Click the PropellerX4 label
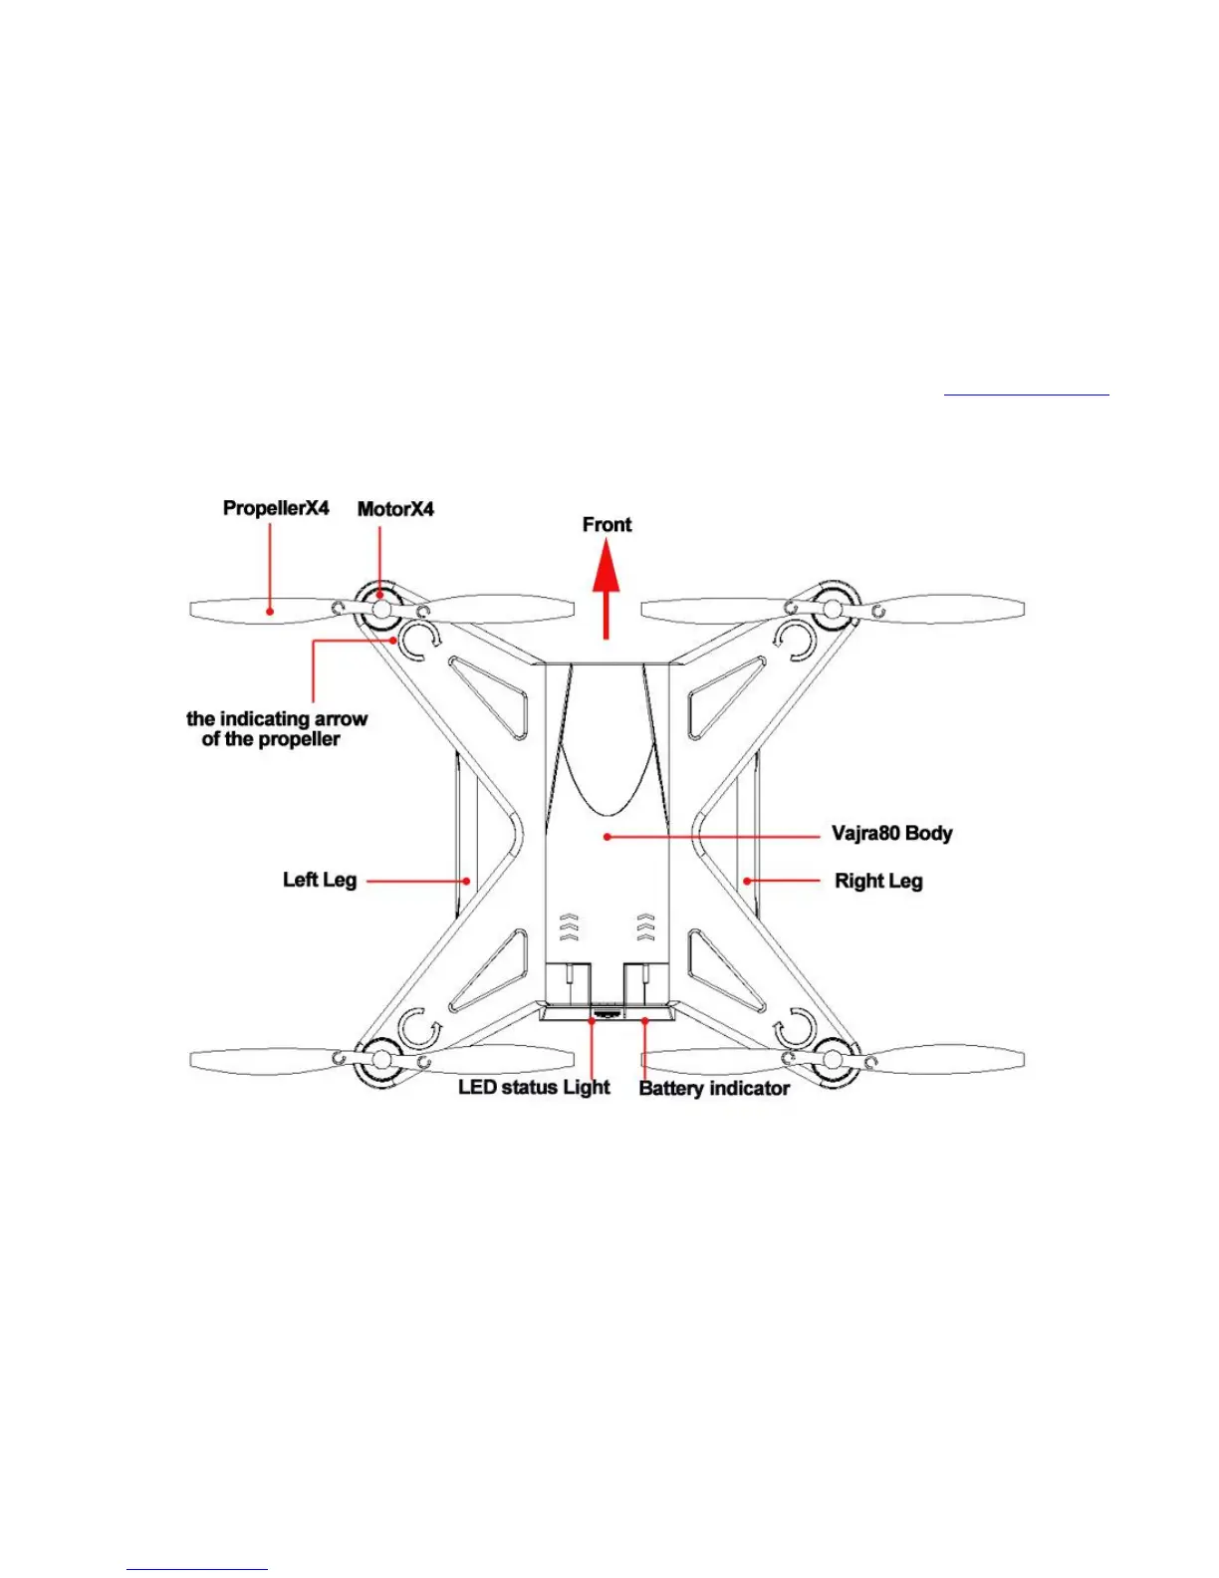point(276,508)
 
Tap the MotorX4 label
point(395,509)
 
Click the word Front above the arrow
point(607,524)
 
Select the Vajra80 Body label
point(891,833)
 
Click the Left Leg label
point(320,880)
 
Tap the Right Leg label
point(878,881)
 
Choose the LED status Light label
point(534,1087)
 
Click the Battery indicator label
point(714,1088)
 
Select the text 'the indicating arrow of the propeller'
point(276,729)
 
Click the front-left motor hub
point(380,608)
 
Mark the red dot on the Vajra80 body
point(607,837)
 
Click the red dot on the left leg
point(466,881)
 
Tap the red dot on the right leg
point(747,881)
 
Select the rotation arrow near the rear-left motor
point(417,1027)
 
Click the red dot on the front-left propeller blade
point(270,611)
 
